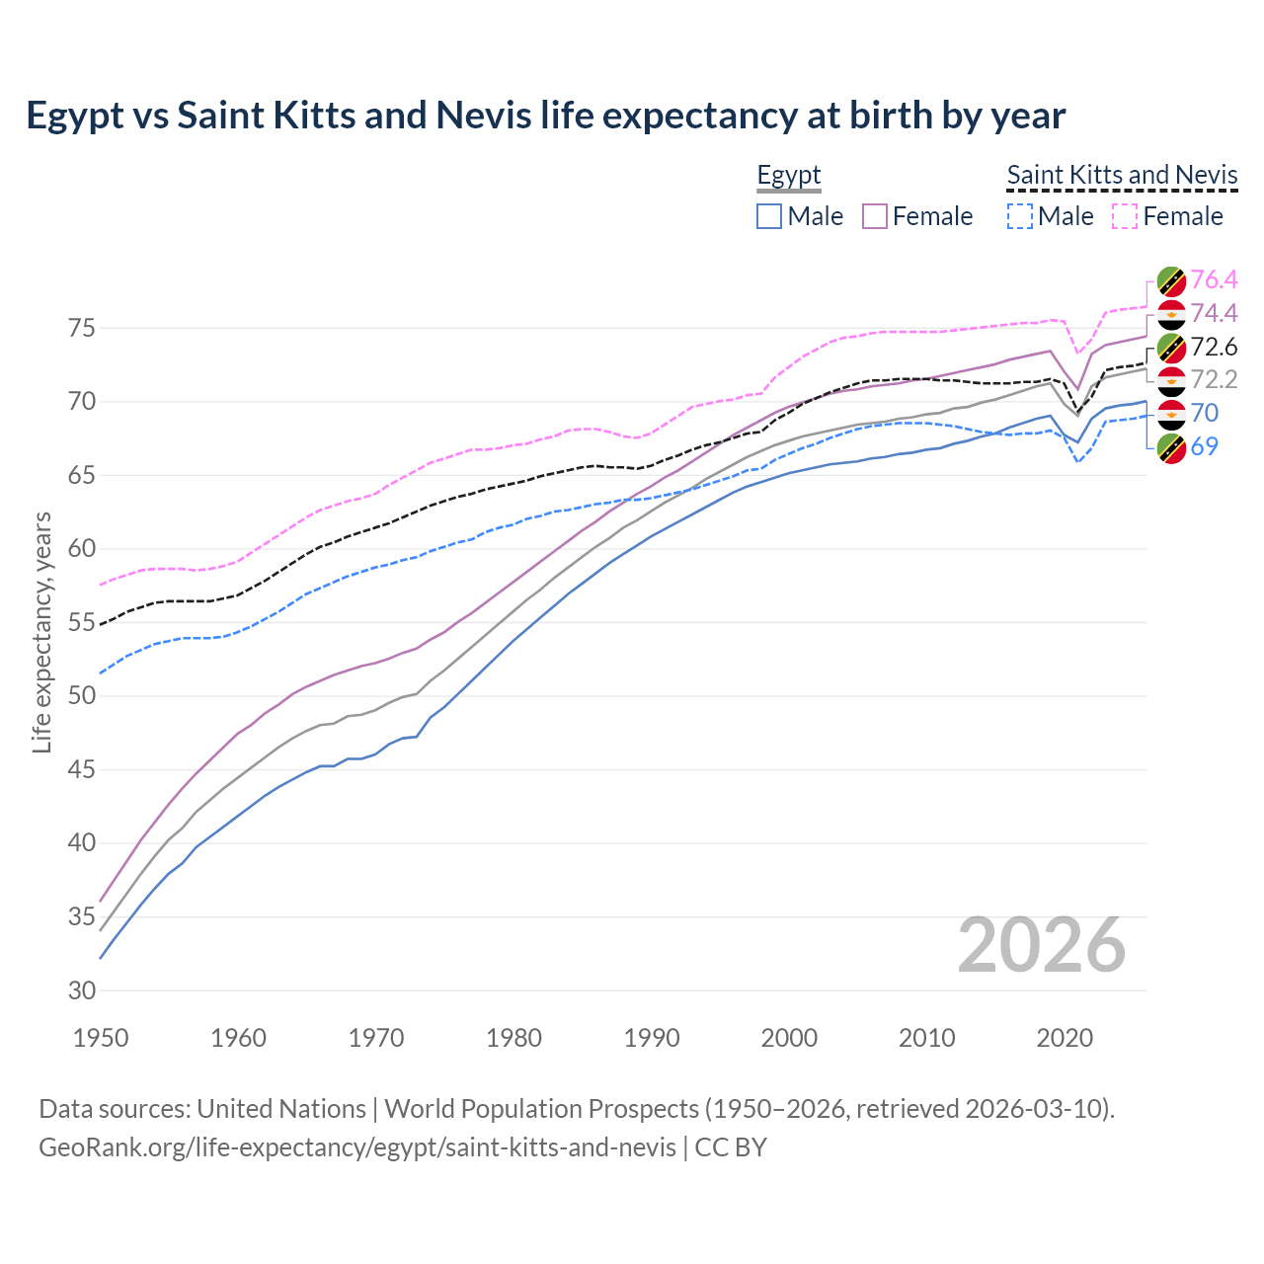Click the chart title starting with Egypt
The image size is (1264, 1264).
point(545,116)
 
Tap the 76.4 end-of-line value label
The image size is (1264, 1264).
point(1214,280)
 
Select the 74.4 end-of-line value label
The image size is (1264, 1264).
point(1214,314)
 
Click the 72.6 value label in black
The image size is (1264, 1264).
point(1214,347)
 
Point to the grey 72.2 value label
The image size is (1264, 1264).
point(1214,379)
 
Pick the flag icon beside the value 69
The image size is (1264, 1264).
point(1171,447)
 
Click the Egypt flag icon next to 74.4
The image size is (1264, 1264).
point(1171,314)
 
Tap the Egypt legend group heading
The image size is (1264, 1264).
point(789,176)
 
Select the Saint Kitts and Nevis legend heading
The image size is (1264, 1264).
point(1122,176)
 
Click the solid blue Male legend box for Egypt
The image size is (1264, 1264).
point(769,216)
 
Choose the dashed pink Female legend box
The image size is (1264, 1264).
point(1125,216)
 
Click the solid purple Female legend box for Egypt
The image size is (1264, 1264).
point(875,216)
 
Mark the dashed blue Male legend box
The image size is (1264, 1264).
point(1020,216)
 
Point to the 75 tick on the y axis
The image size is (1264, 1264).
point(82,328)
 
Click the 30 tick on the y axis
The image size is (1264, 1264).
point(82,990)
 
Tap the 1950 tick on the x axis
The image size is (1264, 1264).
point(101,1038)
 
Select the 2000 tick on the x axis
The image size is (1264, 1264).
point(789,1038)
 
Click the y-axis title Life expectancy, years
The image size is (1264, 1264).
point(42,632)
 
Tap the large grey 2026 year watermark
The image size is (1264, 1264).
point(1042,945)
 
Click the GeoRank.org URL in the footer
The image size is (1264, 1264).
point(357,1147)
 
